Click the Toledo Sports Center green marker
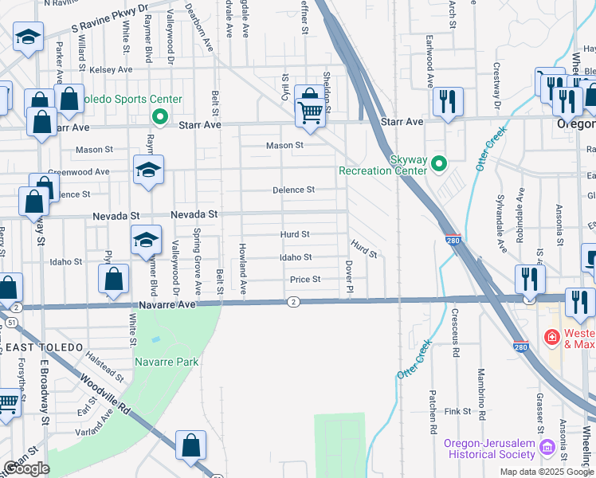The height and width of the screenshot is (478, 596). pyautogui.click(x=159, y=119)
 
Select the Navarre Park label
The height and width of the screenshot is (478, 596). pyautogui.click(x=167, y=362)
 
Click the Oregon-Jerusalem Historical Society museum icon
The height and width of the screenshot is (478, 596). pyautogui.click(x=546, y=448)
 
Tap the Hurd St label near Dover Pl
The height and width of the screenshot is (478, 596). pyautogui.click(x=363, y=251)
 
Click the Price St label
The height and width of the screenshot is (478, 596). pyautogui.click(x=305, y=279)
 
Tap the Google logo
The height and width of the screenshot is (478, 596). pyautogui.click(x=25, y=468)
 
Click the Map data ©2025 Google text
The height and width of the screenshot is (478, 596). pyautogui.click(x=547, y=472)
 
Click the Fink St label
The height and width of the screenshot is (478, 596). pyautogui.click(x=459, y=412)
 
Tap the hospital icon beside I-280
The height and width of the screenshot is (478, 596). pyautogui.click(x=551, y=338)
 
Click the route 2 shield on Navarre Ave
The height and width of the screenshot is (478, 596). pyautogui.click(x=294, y=301)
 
